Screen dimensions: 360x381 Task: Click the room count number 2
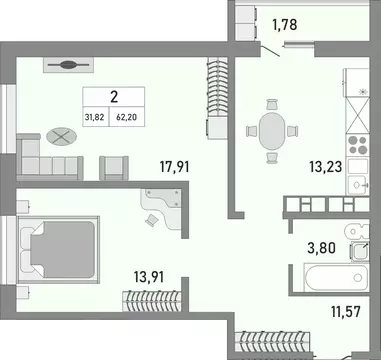click(x=112, y=98)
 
